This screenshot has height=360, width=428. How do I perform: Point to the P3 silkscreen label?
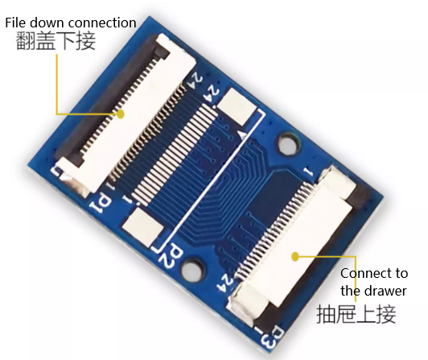tap(271, 337)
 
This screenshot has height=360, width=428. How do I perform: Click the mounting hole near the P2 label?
tap(194, 268)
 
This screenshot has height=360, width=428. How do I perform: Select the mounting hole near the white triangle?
tap(288, 143)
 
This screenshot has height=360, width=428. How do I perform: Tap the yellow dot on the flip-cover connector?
tap(121, 114)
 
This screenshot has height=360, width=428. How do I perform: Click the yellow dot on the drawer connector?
tap(295, 257)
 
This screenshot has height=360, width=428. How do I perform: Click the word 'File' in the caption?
tap(16, 23)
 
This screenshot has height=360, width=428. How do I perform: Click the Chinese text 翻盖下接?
tap(56, 41)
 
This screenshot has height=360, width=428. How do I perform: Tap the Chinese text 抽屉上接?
tap(356, 314)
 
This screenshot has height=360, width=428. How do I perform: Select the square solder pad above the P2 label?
tap(142, 227)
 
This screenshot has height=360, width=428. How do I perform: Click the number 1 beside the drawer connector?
tap(308, 172)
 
